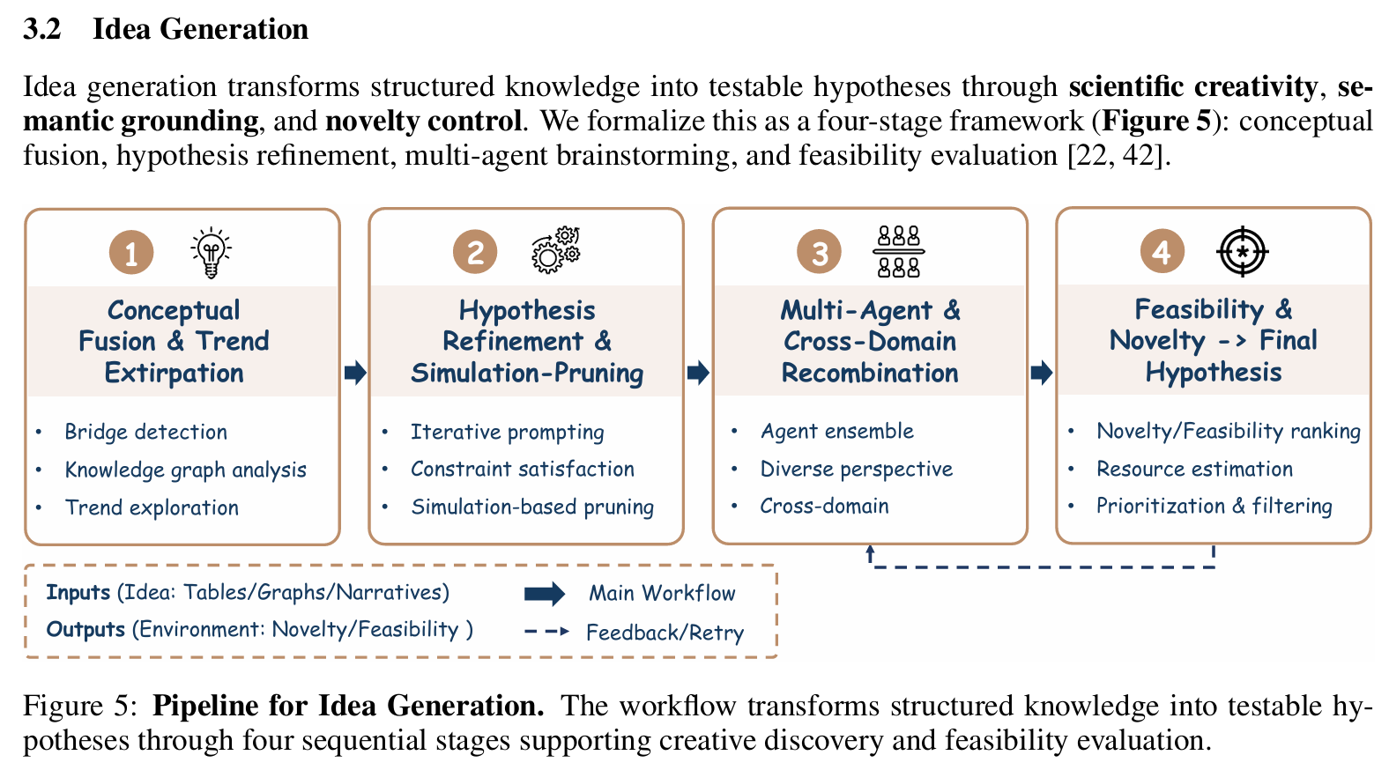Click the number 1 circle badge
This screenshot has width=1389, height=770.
click(x=131, y=253)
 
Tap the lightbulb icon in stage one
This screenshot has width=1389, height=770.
click(x=211, y=253)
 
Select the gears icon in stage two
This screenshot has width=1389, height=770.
click(x=555, y=250)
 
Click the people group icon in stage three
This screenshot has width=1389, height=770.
click(x=898, y=251)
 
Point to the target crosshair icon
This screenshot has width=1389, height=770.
click(x=1242, y=251)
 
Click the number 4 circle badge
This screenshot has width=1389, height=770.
click(x=1162, y=252)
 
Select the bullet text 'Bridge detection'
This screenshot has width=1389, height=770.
click(x=145, y=432)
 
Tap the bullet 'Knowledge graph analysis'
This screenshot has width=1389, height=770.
click(x=185, y=470)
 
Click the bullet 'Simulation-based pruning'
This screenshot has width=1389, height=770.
click(x=532, y=507)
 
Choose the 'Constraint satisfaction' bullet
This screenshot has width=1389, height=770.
click(x=522, y=469)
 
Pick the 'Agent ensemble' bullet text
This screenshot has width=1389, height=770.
click(x=836, y=431)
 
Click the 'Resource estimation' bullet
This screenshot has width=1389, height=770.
click(x=1194, y=469)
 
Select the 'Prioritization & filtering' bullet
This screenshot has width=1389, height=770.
click(x=1214, y=506)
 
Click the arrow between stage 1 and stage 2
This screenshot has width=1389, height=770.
click(x=355, y=373)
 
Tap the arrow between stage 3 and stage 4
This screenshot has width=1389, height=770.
click(x=1042, y=373)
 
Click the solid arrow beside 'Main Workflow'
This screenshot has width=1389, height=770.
click(x=545, y=594)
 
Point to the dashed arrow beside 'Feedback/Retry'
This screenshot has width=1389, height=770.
click(x=546, y=632)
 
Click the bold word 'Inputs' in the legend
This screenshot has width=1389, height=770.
click(x=78, y=592)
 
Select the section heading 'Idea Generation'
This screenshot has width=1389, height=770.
click(x=200, y=29)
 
